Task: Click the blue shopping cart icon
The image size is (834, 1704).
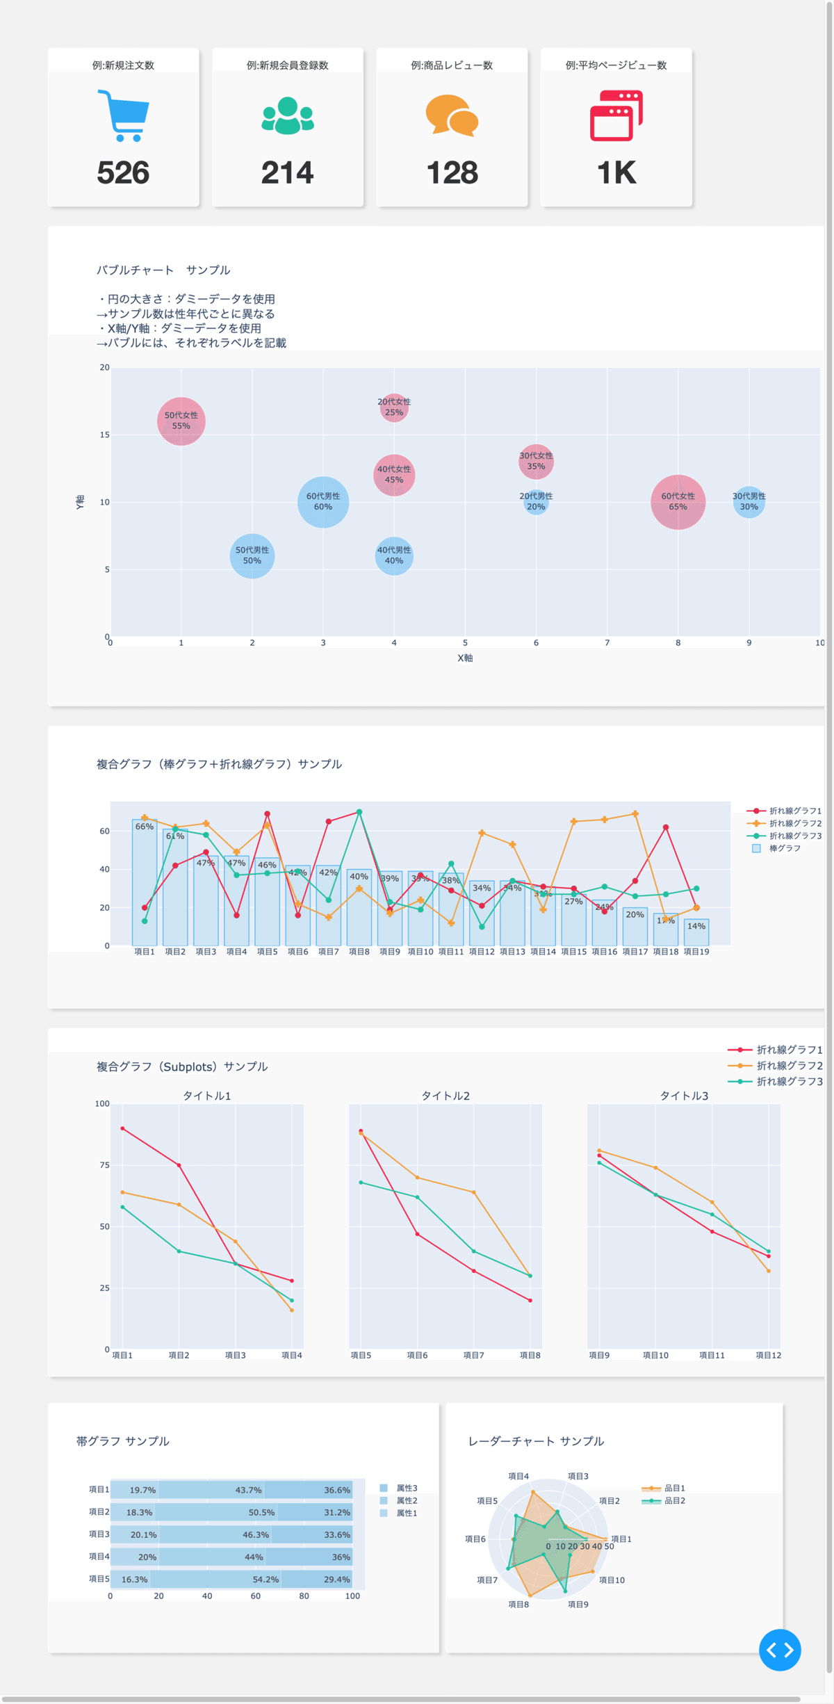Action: coord(123,115)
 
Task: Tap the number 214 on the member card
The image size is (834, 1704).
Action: coord(287,172)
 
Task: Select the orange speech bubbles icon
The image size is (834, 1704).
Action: coord(452,115)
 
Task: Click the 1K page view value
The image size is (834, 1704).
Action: coord(616,172)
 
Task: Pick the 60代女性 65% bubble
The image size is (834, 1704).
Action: coord(678,502)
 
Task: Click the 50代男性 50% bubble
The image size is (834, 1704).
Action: coord(252,555)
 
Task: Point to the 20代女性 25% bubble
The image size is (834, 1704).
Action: coord(394,407)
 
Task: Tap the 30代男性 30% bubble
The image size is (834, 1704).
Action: coord(749,502)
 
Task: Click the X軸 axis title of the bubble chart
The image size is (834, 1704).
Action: coord(465,658)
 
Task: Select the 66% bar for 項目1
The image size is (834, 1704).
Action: coord(145,883)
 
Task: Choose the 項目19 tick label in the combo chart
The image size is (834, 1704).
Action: coord(696,952)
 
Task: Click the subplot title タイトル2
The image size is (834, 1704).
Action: coord(445,1096)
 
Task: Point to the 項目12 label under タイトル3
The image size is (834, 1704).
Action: coord(768,1355)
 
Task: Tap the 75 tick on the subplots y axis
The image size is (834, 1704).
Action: coord(104,1165)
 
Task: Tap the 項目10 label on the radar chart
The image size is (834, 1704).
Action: coord(612,1580)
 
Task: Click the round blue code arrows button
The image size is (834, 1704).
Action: coord(780,1650)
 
